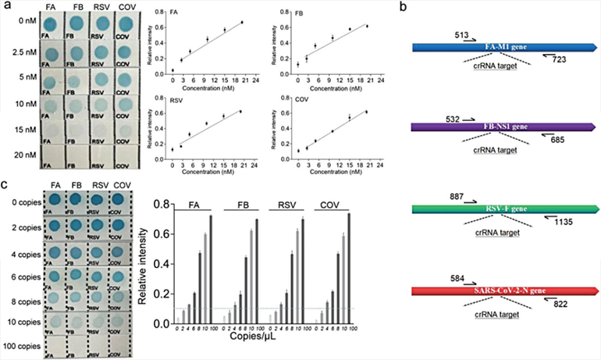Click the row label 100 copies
click(x=21, y=344)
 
